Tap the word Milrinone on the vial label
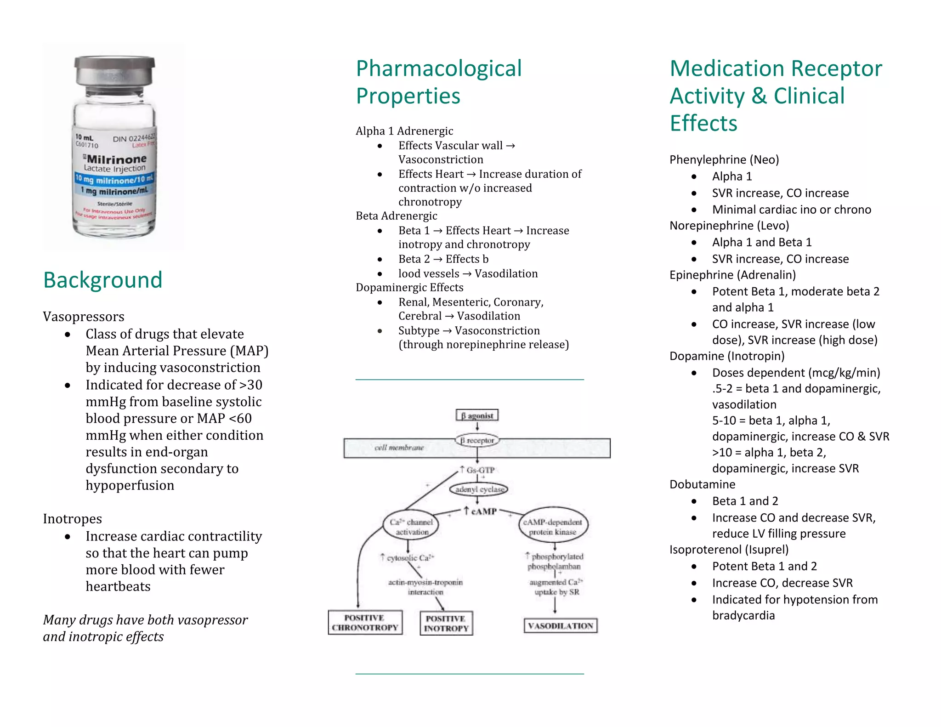pyautogui.click(x=117, y=159)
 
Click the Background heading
pyautogui.click(x=103, y=280)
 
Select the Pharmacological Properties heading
pyautogui.click(x=439, y=82)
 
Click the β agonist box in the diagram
pyautogui.click(x=477, y=415)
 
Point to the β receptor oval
pyautogui.click(x=477, y=440)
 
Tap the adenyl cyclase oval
pyautogui.click(x=479, y=489)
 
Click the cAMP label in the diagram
pyautogui.click(x=481, y=511)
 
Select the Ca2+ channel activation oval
pyautogui.click(x=411, y=527)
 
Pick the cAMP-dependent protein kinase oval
pyautogui.click(x=553, y=527)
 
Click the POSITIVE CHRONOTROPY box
pyautogui.click(x=365, y=623)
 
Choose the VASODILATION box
pyautogui.click(x=561, y=626)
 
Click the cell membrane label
pyautogui.click(x=399, y=448)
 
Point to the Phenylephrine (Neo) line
pyautogui.click(x=724, y=159)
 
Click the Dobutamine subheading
pyautogui.click(x=702, y=484)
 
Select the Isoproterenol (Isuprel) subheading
pyautogui.click(x=729, y=550)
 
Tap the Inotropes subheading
pyautogui.click(x=73, y=519)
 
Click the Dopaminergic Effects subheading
pyautogui.click(x=409, y=288)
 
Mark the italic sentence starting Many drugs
pyautogui.click(x=145, y=628)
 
